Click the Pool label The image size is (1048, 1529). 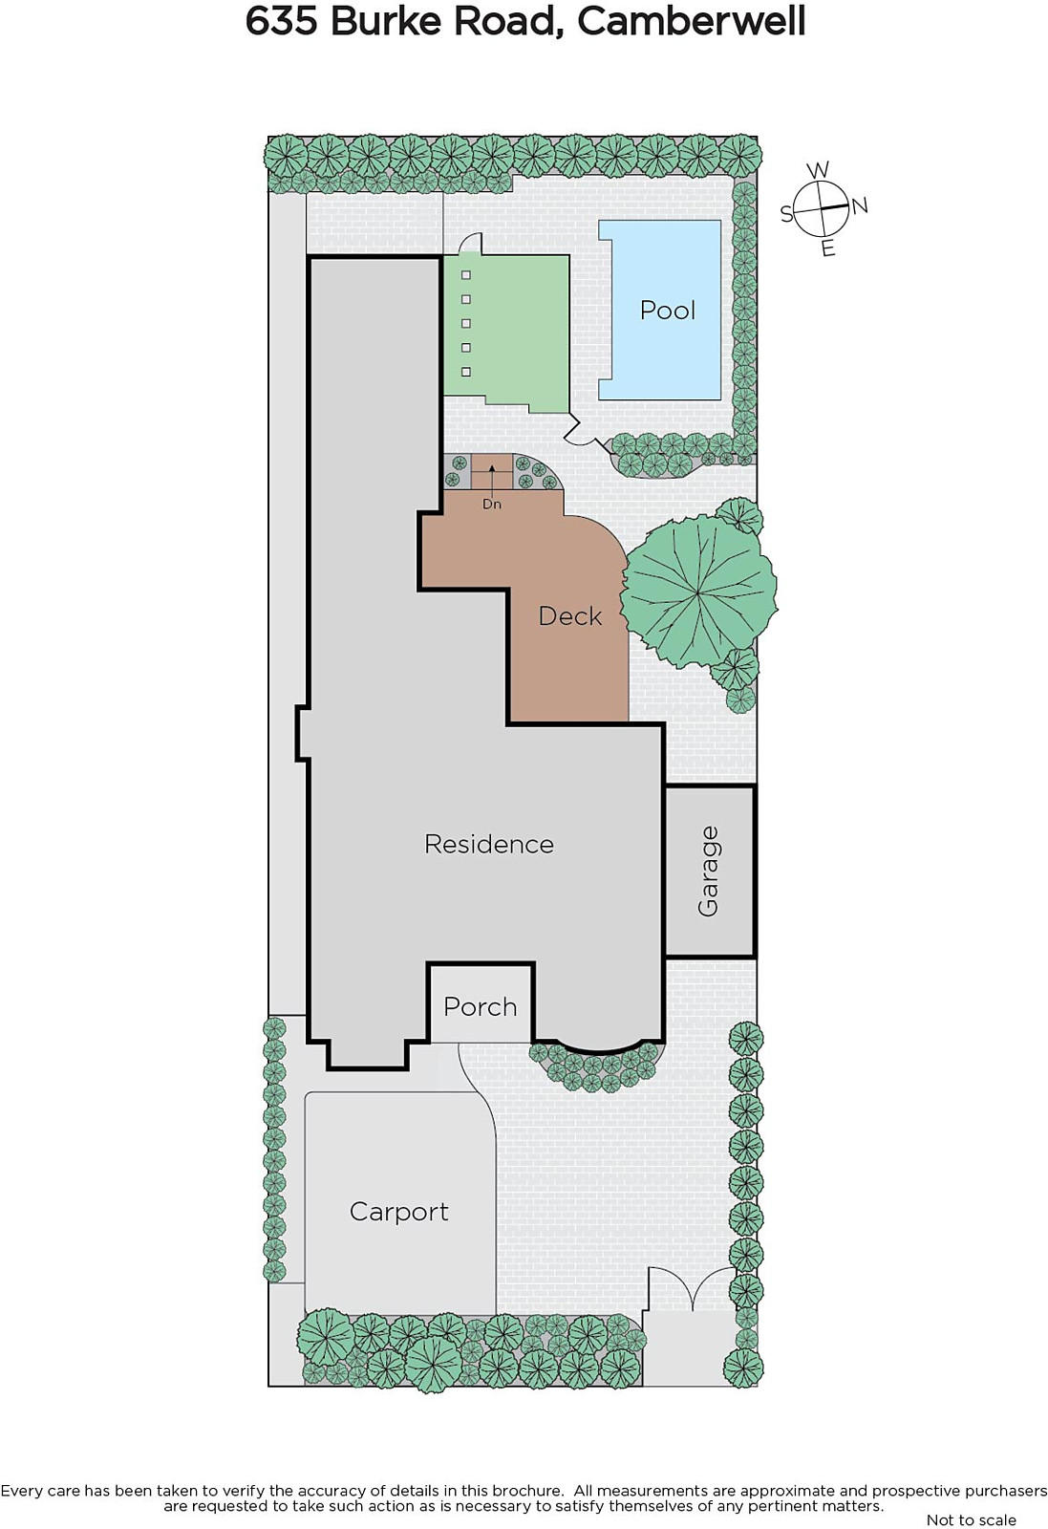(667, 311)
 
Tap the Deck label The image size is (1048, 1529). (569, 616)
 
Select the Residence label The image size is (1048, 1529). (488, 845)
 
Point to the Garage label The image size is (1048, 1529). (708, 871)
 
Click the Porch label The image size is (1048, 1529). (480, 1007)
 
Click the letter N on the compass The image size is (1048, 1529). (860, 205)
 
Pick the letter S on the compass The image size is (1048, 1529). (786, 214)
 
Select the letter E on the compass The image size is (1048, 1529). (827, 248)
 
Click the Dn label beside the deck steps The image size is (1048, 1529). (491, 505)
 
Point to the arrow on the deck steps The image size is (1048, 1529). (491, 479)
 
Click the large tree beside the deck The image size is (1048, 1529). (698, 592)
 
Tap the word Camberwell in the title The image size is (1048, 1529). (691, 22)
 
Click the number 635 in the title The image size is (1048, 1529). (282, 22)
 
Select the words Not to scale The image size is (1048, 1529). (971, 1520)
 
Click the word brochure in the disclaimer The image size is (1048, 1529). (524, 1492)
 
